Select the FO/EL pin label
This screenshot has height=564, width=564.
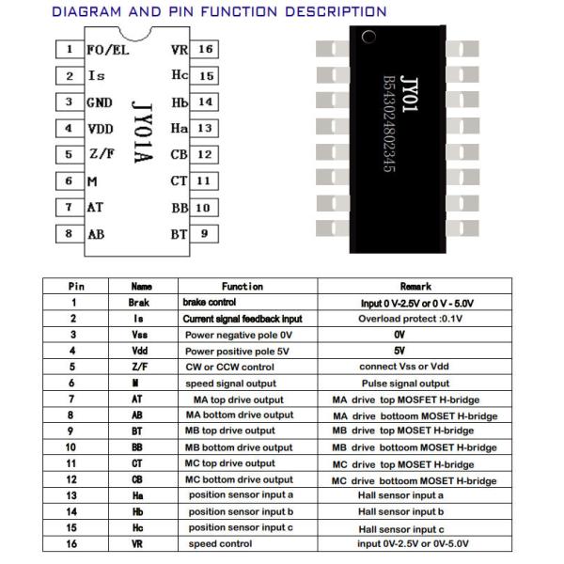(x=106, y=49)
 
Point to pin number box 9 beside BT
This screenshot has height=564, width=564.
(x=204, y=234)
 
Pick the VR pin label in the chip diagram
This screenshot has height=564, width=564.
(x=179, y=49)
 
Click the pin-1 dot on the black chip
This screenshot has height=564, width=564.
(x=368, y=39)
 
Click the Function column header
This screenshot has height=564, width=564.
(x=243, y=286)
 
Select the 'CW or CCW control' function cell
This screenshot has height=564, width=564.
(x=229, y=368)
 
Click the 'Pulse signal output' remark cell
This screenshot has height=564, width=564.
(x=406, y=384)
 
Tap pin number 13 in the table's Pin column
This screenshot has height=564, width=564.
(x=72, y=495)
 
